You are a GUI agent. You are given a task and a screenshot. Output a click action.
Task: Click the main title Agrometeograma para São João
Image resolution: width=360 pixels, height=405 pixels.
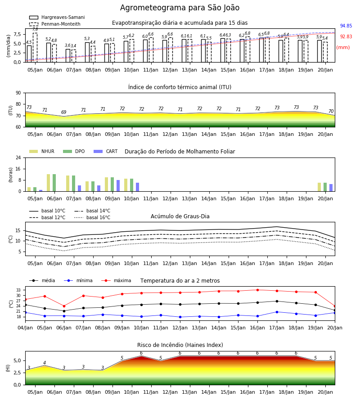click(x=180, y=8)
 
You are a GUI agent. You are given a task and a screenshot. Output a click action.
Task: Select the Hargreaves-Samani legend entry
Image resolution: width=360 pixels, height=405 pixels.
click(x=57, y=17)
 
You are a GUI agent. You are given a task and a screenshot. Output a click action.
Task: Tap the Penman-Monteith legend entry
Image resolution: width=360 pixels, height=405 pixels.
click(x=55, y=24)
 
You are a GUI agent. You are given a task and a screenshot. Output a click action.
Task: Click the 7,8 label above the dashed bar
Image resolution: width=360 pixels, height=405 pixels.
click(x=35, y=29)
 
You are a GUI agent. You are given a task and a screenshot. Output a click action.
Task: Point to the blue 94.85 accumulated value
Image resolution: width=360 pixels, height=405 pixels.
click(x=346, y=26)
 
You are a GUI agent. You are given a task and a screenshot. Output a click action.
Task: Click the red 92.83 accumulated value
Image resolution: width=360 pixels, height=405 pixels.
click(x=346, y=37)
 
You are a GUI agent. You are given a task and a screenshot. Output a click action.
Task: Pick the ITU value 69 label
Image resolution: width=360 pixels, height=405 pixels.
click(x=64, y=112)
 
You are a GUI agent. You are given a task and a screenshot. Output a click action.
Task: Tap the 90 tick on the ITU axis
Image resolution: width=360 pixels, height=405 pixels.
click(x=18, y=93)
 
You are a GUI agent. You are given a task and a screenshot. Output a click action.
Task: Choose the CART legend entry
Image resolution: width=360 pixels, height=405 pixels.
click(x=106, y=151)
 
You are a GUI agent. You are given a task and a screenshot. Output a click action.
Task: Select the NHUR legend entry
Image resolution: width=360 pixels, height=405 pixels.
click(x=42, y=151)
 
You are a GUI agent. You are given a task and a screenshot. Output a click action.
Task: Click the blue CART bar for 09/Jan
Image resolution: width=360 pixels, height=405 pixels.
click(x=118, y=186)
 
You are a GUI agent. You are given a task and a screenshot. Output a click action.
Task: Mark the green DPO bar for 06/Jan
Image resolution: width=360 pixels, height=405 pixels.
click(x=54, y=183)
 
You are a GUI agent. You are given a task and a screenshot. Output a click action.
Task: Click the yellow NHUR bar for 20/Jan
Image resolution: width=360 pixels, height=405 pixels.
click(x=319, y=187)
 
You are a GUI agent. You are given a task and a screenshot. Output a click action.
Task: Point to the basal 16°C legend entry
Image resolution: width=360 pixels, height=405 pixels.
click(x=92, y=217)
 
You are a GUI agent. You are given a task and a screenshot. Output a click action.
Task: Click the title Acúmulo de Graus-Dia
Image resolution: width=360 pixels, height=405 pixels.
click(x=180, y=216)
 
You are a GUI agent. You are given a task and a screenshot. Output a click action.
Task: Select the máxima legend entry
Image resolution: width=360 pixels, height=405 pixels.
click(x=116, y=280)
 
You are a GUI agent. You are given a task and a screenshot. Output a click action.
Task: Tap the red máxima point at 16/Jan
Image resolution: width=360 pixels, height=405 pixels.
click(x=257, y=290)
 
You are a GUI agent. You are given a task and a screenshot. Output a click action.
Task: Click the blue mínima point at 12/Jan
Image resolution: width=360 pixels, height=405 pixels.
click(x=180, y=317)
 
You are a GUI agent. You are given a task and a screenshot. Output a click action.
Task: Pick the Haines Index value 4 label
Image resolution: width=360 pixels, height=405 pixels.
click(x=45, y=363)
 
